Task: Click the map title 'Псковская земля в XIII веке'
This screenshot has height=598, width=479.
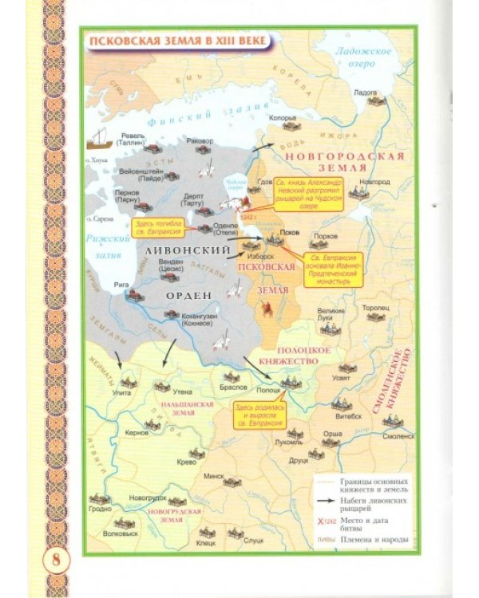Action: click(x=178, y=41)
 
